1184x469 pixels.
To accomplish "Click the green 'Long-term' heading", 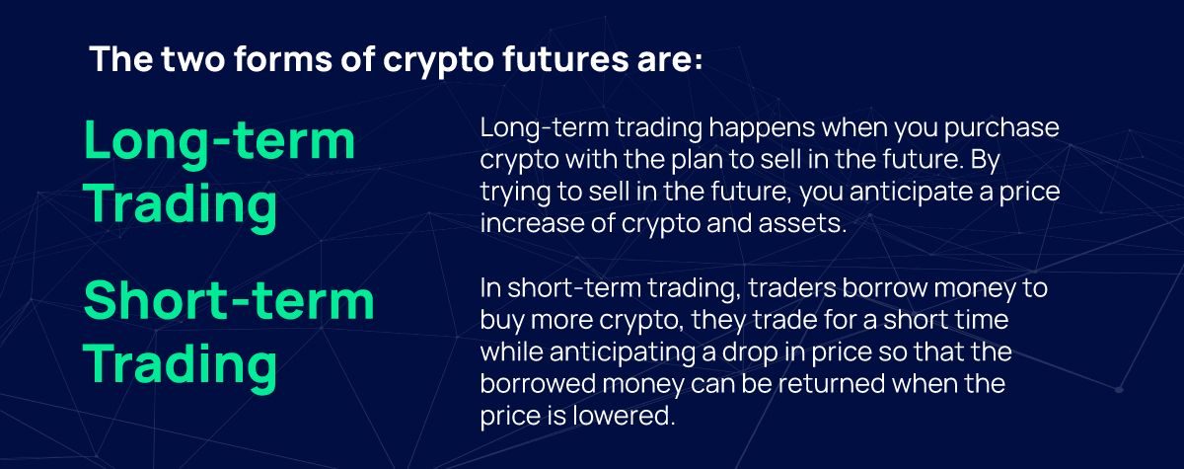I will [x=219, y=140].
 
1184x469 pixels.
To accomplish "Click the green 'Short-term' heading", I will [x=229, y=300].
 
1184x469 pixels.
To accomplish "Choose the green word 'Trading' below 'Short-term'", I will [x=180, y=363].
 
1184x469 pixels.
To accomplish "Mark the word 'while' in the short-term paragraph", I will [x=511, y=352].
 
